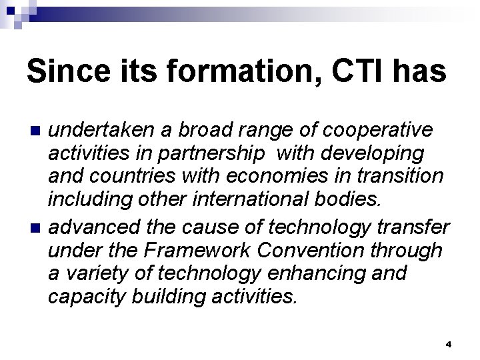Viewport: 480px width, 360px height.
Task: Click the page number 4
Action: click(449, 344)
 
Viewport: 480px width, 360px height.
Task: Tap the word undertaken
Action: click(100, 128)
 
